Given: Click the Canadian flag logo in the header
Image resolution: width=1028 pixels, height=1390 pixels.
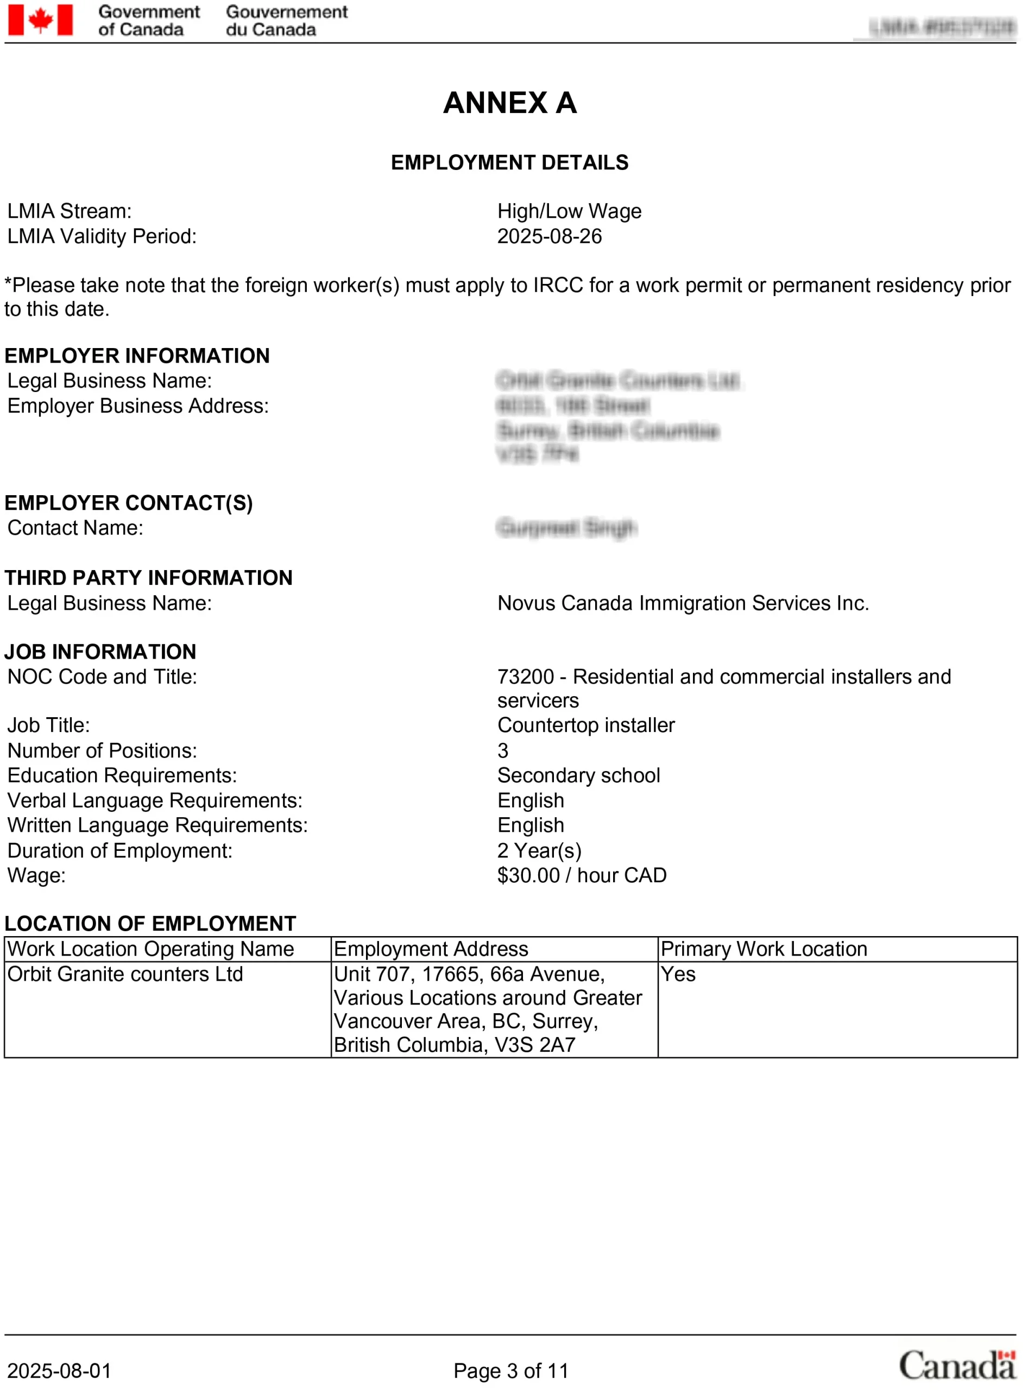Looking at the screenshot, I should pos(40,20).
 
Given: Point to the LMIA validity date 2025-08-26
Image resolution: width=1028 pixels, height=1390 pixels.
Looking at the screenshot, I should pos(550,236).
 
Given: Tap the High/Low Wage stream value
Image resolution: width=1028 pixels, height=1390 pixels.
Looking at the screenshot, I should pos(569,212).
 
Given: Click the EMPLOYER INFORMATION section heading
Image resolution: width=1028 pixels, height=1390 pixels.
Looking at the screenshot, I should pos(137,356).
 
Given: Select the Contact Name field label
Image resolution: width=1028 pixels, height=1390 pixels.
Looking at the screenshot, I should pos(75,528).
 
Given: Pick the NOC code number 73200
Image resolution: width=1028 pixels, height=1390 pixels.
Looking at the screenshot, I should pos(525,677).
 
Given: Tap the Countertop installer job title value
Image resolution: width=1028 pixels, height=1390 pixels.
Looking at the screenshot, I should pos(585,725).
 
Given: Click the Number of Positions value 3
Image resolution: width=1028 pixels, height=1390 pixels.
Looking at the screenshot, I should pos(503,751).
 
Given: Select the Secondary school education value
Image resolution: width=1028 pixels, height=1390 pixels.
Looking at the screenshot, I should pos(578,776).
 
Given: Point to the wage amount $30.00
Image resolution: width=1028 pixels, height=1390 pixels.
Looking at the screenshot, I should pos(528,876).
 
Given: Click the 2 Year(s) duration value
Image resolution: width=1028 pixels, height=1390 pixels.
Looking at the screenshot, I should pos(539,851).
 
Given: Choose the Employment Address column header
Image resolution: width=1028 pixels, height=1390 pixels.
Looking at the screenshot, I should pos(431,950).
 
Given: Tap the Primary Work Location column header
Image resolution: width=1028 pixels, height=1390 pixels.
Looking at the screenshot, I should pos(764,950).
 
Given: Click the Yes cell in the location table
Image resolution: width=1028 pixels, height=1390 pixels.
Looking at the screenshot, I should pos(678,975).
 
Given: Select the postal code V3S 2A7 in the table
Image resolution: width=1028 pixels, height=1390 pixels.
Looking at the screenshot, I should pos(534,1045).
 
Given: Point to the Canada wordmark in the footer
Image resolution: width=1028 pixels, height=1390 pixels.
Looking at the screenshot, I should pos(956,1366).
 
